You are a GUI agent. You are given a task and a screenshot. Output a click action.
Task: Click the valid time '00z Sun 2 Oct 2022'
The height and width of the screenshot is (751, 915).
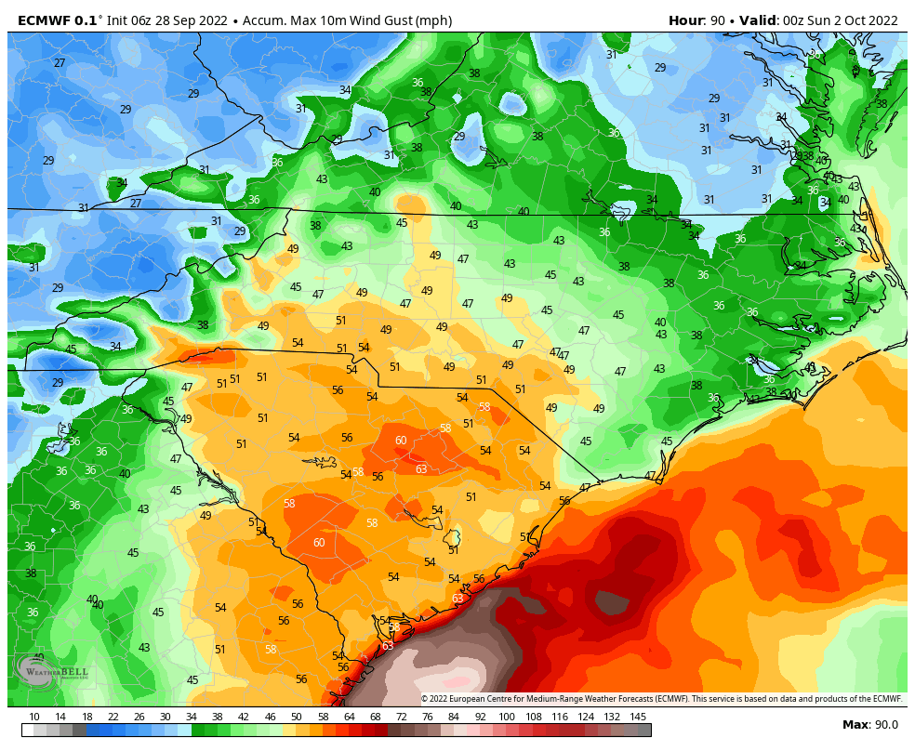pos(840,20)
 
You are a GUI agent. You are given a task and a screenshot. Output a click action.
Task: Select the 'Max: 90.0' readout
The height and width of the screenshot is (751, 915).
pos(870,725)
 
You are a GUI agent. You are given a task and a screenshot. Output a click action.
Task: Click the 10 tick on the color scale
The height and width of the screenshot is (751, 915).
pos(34,717)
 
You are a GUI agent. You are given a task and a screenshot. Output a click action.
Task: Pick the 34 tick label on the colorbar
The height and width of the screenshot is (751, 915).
pos(192,717)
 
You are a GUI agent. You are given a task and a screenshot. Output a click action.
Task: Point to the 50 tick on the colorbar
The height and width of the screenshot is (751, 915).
pos(297,717)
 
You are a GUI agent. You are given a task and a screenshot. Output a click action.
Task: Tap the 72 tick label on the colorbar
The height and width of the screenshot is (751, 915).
pos(402,717)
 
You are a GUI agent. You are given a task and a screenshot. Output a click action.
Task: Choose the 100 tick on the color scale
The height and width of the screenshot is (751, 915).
pos(507,717)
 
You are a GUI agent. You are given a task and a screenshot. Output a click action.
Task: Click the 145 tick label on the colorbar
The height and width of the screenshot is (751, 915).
pos(638,717)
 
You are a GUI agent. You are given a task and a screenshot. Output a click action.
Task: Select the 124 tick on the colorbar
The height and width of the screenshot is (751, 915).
pos(586,717)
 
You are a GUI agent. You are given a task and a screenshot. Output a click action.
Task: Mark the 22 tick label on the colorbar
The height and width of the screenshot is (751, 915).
pos(113,717)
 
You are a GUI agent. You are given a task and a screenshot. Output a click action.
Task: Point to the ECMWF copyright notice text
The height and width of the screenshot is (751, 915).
pos(661,699)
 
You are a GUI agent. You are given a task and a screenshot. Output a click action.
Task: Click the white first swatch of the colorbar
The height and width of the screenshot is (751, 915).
pos(28,731)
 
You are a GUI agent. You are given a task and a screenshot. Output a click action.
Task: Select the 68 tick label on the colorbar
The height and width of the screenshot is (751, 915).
pos(376,717)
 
